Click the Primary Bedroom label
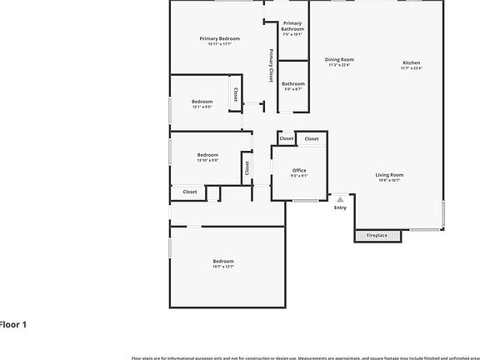[219, 38]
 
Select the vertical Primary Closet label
[271, 65]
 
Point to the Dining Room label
[339, 59]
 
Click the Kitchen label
[412, 62]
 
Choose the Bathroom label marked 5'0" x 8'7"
[292, 83]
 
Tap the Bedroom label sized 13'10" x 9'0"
[207, 154]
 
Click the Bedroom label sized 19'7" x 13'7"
[222, 261]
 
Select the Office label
[299, 170]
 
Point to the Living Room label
[389, 174]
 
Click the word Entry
[340, 207]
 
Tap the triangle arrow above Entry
[340, 199]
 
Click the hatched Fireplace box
[377, 236]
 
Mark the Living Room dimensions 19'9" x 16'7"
[389, 180]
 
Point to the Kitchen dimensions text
[412, 68]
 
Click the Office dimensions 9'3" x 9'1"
[299, 176]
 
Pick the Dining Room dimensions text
[339, 65]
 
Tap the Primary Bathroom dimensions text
[292, 34]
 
